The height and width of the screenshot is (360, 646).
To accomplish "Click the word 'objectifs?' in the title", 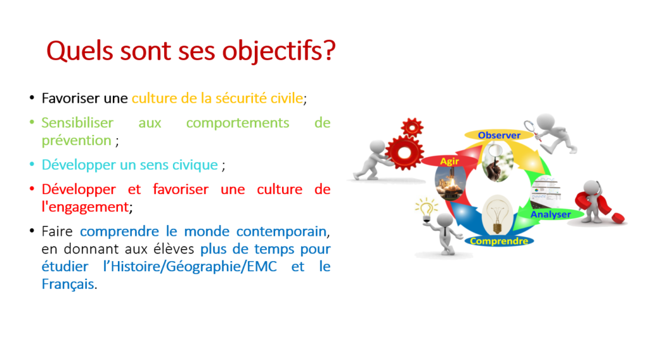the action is tap(279, 52).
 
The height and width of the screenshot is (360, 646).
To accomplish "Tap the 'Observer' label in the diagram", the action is tap(499, 135).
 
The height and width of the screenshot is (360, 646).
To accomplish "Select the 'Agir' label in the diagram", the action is tap(449, 161).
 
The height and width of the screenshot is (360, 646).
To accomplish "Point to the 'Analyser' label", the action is tap(550, 214).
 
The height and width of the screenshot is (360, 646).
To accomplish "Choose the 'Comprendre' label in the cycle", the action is tap(499, 241).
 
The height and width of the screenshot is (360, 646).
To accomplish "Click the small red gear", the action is tap(412, 127).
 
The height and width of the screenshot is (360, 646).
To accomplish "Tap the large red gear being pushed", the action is tap(404, 153).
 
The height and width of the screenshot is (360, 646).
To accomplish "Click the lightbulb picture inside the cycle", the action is tap(497, 214).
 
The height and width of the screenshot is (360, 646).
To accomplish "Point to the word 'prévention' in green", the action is tap(76, 141).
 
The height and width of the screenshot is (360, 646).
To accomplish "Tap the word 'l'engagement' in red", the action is tap(85, 207).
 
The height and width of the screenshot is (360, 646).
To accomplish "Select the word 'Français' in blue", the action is tap(68, 284).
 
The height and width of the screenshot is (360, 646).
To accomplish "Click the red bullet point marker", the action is tap(32, 189).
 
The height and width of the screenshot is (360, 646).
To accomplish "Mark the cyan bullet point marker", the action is tap(32, 165).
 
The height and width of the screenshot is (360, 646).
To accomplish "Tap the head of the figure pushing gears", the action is tap(377, 147).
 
